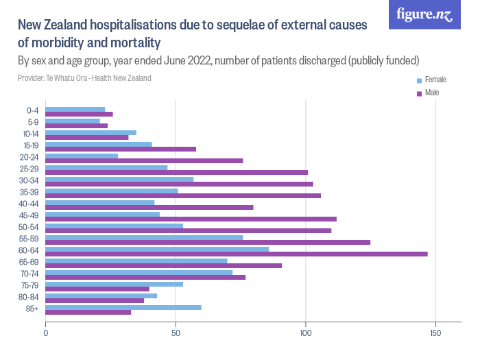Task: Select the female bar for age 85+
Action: pyautogui.click(x=123, y=307)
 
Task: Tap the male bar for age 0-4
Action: pyautogui.click(x=80, y=114)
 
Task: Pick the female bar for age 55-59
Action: pyautogui.click(x=144, y=237)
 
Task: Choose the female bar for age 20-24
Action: pyautogui.click(x=82, y=156)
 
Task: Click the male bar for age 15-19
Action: pyautogui.click(x=121, y=149)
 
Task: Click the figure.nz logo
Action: pyautogui.click(x=424, y=14)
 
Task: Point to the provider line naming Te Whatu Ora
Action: pyautogui.click(x=85, y=77)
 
